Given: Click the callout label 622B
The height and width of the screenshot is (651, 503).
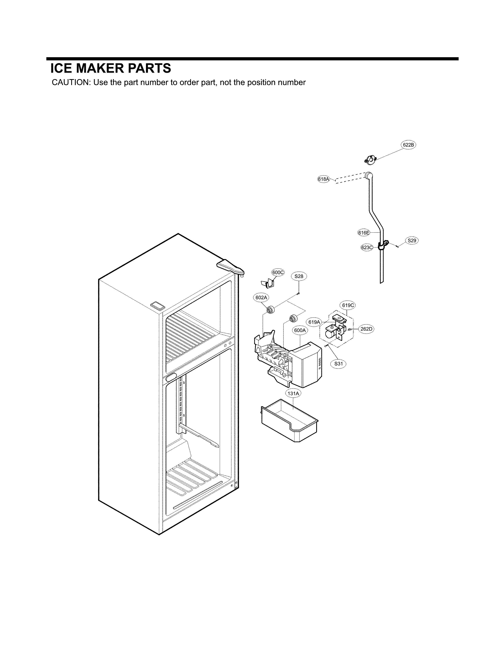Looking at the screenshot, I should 408,145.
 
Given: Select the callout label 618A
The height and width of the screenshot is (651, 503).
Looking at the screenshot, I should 323,179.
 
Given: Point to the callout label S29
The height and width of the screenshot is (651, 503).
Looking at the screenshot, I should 412,240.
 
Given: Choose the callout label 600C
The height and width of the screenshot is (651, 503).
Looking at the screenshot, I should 278,272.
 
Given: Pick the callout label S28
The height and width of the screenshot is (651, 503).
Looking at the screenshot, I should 299,276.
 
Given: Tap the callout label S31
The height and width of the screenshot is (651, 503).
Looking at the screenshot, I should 338,364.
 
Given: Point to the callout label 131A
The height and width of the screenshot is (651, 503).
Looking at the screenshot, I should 293,394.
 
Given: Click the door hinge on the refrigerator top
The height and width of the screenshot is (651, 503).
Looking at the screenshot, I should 231,266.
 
